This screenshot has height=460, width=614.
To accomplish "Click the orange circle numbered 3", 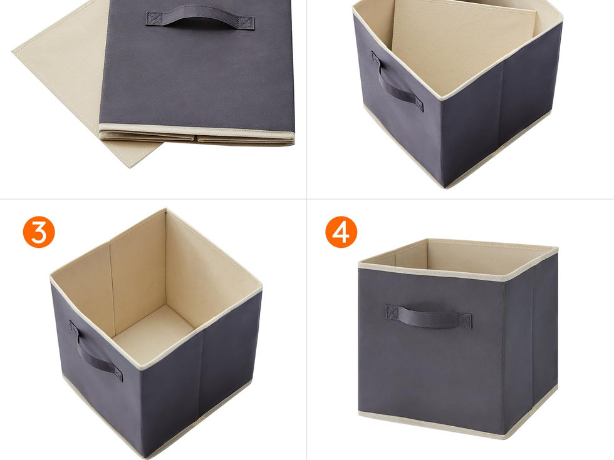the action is tap(39, 232).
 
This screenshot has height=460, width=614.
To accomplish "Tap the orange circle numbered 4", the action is tap(341, 232).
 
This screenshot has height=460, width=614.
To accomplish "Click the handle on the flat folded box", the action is tap(200, 20).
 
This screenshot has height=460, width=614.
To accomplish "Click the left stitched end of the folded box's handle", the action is tap(154, 19).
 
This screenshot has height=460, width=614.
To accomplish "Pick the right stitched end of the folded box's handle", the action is tap(246, 23).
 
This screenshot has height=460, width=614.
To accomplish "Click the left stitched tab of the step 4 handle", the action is tap(392, 312).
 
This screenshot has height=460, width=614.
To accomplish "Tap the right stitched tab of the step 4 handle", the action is tap(466, 320).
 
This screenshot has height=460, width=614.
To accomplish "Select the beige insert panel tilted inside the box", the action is tap(462, 47).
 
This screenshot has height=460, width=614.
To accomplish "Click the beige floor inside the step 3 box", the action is tap(153, 335).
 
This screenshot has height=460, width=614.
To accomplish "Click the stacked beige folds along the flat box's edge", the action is tap(196, 135).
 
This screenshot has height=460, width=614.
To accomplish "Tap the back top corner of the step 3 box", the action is tap(165, 210).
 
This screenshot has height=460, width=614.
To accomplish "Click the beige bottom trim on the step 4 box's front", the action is tap(431, 423).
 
